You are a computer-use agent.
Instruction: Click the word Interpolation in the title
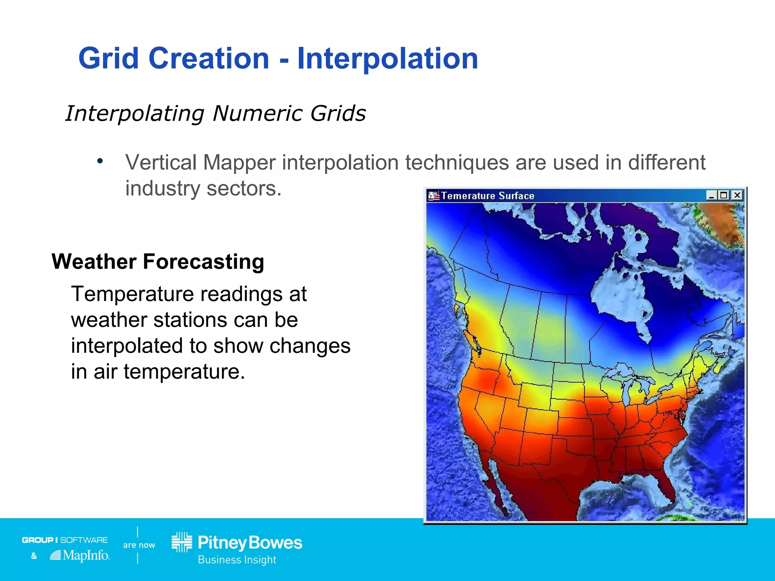click(x=387, y=59)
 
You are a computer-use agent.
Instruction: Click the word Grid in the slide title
click(x=108, y=59)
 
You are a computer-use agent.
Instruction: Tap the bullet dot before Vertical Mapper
click(x=100, y=162)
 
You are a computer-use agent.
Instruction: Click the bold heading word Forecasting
click(x=203, y=262)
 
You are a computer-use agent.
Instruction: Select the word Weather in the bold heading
click(x=94, y=262)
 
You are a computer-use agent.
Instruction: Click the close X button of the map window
click(x=737, y=195)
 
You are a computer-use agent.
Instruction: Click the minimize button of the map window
click(x=711, y=195)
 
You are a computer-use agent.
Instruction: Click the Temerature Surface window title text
click(x=487, y=196)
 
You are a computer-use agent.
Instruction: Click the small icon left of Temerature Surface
click(x=433, y=196)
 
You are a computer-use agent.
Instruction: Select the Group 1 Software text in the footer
click(x=65, y=540)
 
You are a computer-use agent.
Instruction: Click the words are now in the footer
click(x=139, y=545)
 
